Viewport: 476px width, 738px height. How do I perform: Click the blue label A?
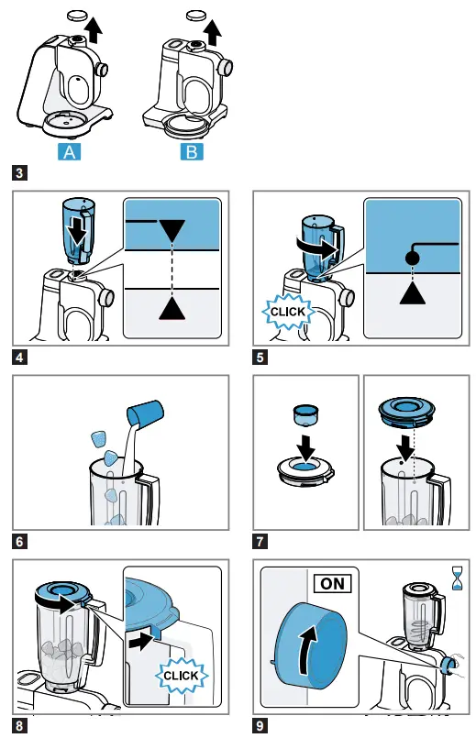coord(69,151)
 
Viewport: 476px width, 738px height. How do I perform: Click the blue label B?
coord(191,151)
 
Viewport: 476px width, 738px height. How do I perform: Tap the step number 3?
coord(19,171)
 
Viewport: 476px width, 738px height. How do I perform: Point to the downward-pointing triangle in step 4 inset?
coord(172,232)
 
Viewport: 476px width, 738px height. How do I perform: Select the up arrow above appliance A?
coord(91,32)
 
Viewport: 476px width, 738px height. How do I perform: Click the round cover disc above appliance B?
coord(194,16)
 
